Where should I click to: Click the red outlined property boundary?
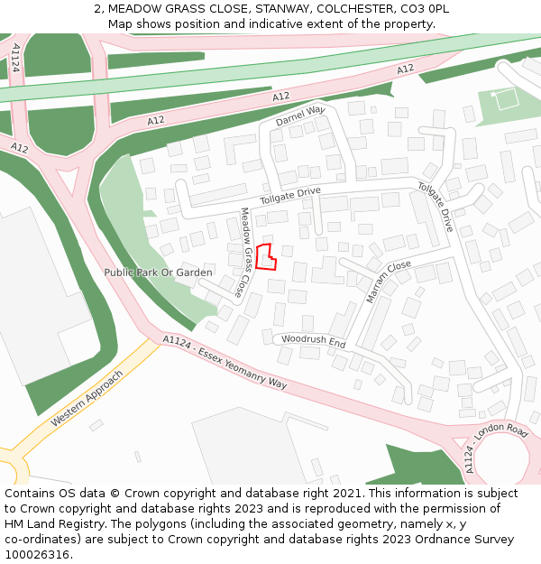(x=265, y=257)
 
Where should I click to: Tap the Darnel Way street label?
(x=300, y=116)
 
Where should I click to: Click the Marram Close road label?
(x=389, y=280)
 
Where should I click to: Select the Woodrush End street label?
(x=313, y=342)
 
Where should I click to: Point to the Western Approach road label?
(x=87, y=397)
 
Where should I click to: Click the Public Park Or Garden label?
(x=158, y=273)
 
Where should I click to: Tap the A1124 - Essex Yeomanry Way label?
(x=225, y=362)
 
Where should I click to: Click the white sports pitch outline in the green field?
(x=507, y=98)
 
